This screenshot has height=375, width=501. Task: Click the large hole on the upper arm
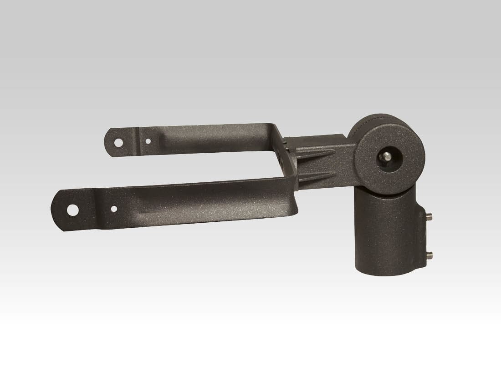(x=118, y=142)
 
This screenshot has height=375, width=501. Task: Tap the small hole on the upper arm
(x=148, y=141)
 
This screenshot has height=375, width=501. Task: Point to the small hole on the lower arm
(x=114, y=209)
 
